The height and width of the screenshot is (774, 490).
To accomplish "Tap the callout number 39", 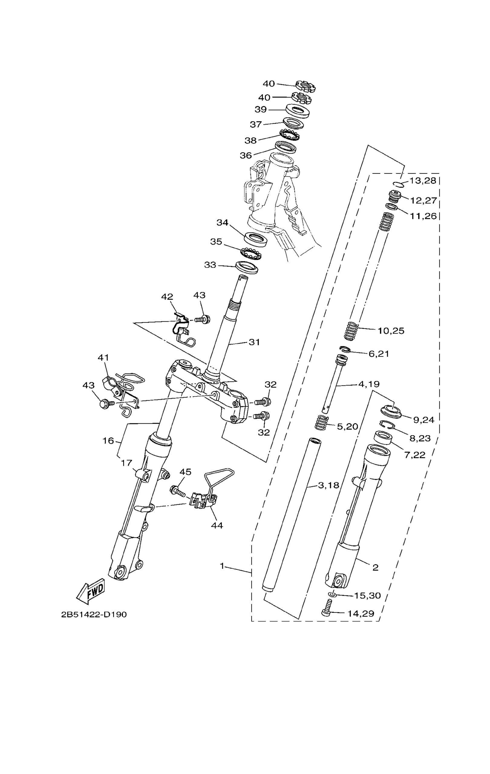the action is click(261, 110).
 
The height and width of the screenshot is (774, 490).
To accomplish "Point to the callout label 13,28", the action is click(423, 180).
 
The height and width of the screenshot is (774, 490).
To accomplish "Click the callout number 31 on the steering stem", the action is click(254, 342).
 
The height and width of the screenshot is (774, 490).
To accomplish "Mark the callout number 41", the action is click(103, 357).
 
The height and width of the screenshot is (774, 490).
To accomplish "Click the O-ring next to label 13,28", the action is click(398, 184).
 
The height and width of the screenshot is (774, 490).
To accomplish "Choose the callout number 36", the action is click(246, 156).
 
